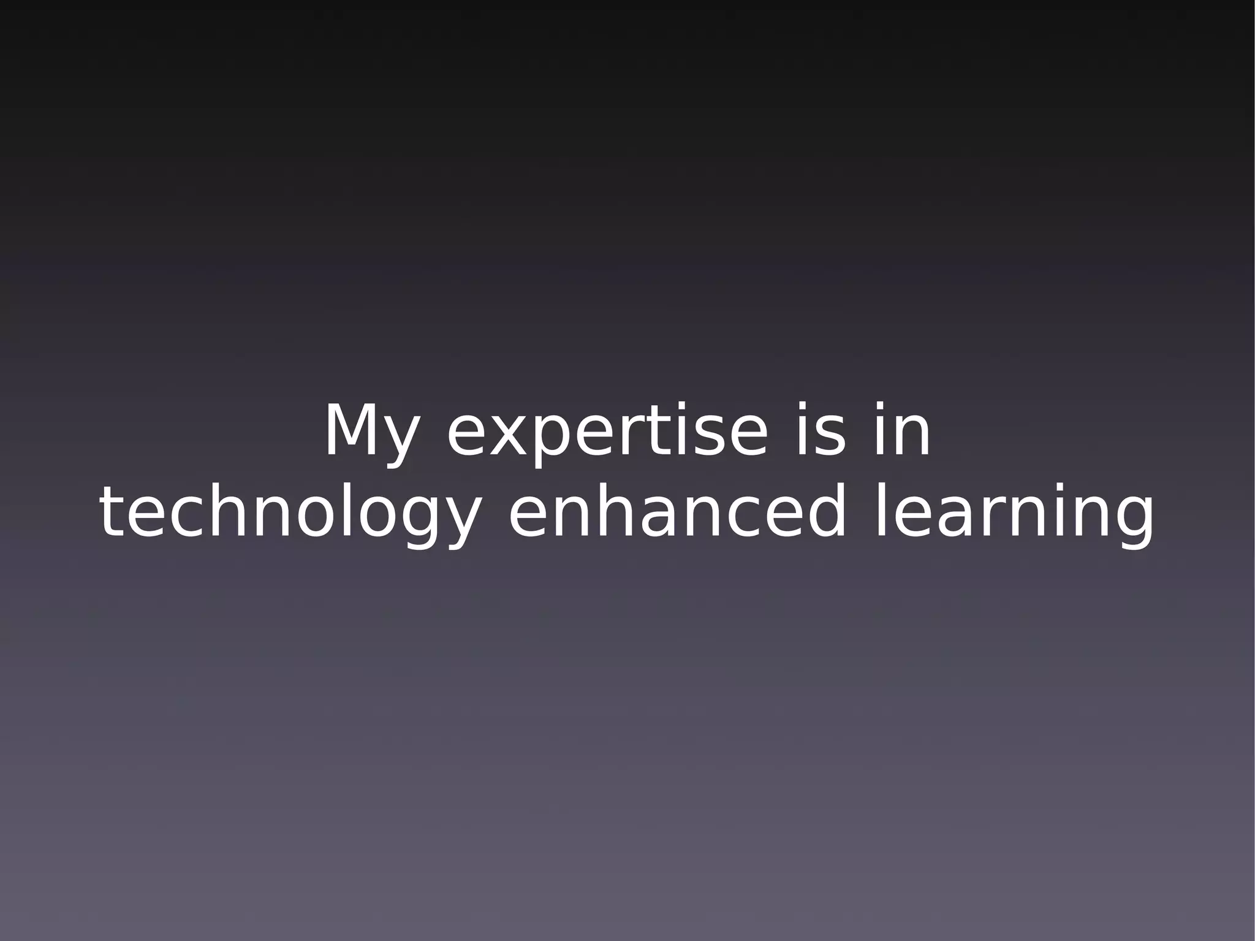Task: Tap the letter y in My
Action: (401, 438)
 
